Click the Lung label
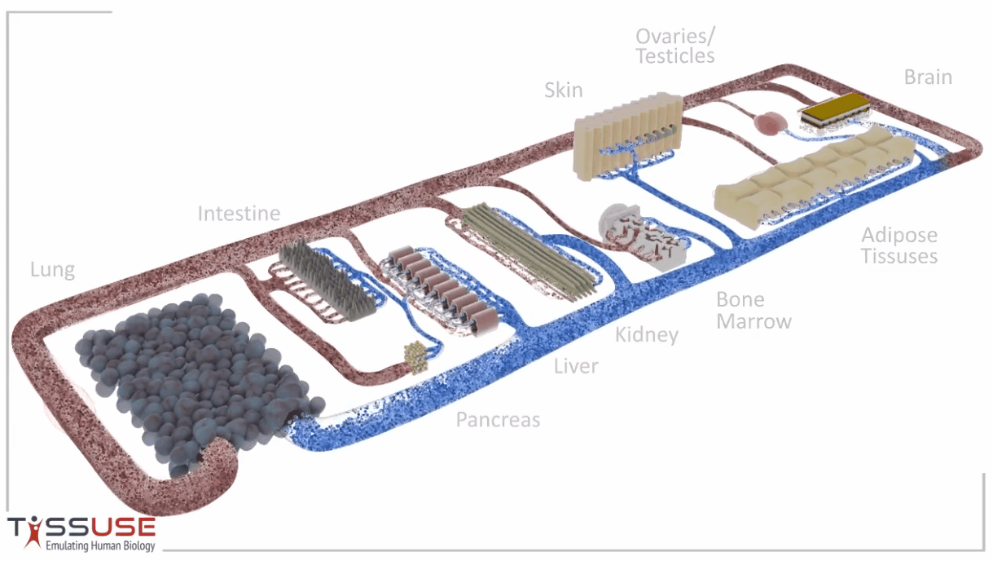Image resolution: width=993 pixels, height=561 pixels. [x=52, y=270]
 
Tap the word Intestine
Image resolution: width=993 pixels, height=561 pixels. [x=239, y=214]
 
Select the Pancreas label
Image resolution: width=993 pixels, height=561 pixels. [x=498, y=420]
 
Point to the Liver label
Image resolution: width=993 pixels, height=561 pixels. [x=576, y=366]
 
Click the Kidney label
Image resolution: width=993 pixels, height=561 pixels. [x=647, y=335]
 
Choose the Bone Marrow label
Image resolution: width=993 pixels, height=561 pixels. [x=754, y=310]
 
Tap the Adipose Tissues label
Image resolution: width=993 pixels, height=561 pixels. [x=899, y=245]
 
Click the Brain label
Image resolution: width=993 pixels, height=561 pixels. [x=928, y=77]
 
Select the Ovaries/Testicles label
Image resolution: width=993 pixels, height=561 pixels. [x=674, y=46]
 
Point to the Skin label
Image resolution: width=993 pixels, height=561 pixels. [x=564, y=90]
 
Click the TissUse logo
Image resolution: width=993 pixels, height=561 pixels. [x=81, y=527]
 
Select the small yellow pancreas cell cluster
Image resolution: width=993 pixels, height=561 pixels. [x=416, y=356]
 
